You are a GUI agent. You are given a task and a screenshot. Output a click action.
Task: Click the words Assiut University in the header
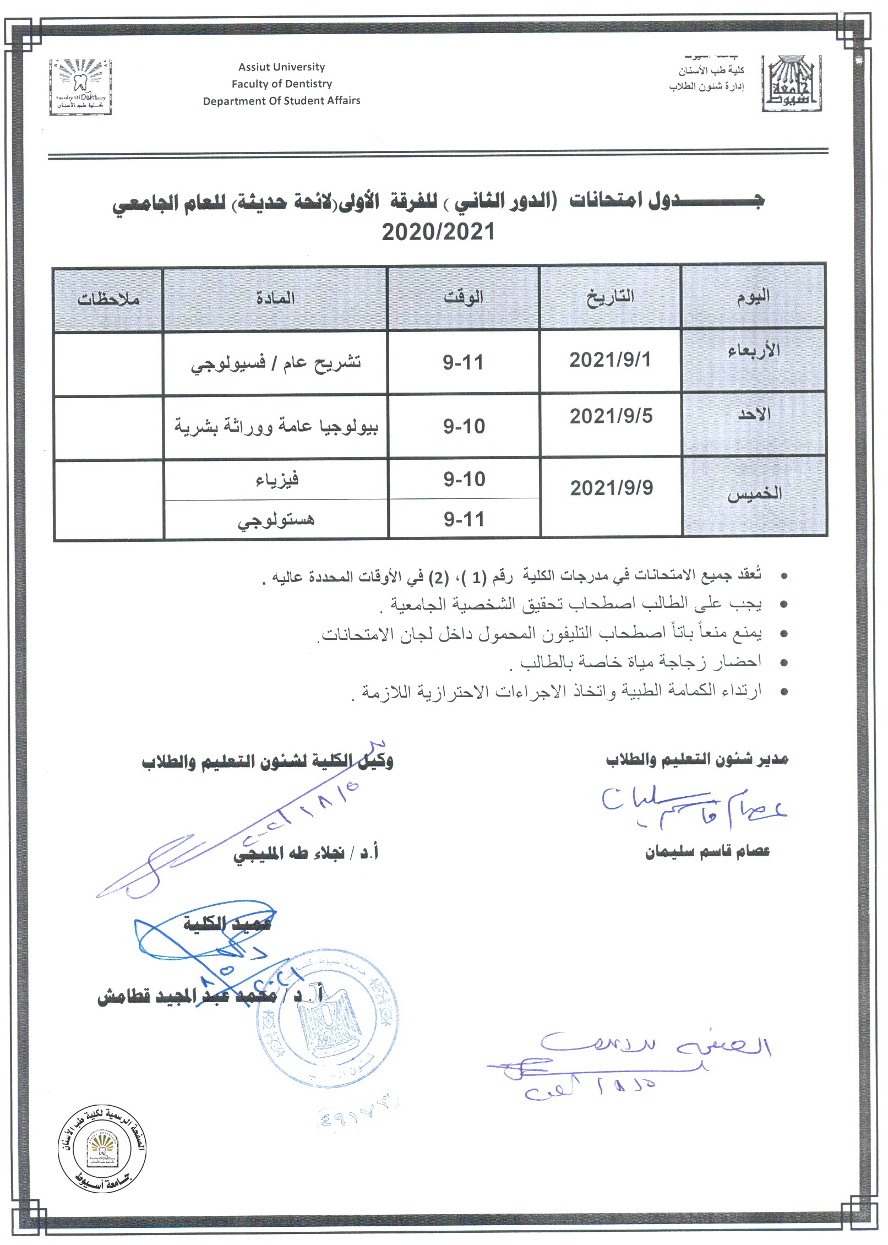click(281, 67)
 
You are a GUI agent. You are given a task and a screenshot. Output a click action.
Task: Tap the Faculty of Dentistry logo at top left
click(80, 87)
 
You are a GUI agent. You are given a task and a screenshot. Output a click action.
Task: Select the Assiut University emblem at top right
click(792, 84)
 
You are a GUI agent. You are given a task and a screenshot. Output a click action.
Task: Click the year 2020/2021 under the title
click(438, 232)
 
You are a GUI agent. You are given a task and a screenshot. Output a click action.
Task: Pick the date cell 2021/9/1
click(610, 360)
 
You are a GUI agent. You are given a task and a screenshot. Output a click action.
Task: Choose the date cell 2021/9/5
click(611, 416)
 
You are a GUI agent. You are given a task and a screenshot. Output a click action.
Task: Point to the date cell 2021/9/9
click(612, 488)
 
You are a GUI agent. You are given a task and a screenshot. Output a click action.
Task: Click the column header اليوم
click(753, 297)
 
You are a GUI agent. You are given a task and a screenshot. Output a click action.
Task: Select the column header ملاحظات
click(108, 299)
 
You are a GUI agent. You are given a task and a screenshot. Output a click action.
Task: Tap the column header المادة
click(275, 298)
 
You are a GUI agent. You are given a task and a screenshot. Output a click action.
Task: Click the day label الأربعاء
click(754, 350)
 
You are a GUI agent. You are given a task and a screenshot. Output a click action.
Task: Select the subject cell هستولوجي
click(276, 520)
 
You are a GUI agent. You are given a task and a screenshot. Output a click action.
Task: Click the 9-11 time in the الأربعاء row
click(463, 363)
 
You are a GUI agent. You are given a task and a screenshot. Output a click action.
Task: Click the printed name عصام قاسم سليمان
click(707, 852)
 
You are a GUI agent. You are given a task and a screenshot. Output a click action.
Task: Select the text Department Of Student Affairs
click(281, 101)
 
